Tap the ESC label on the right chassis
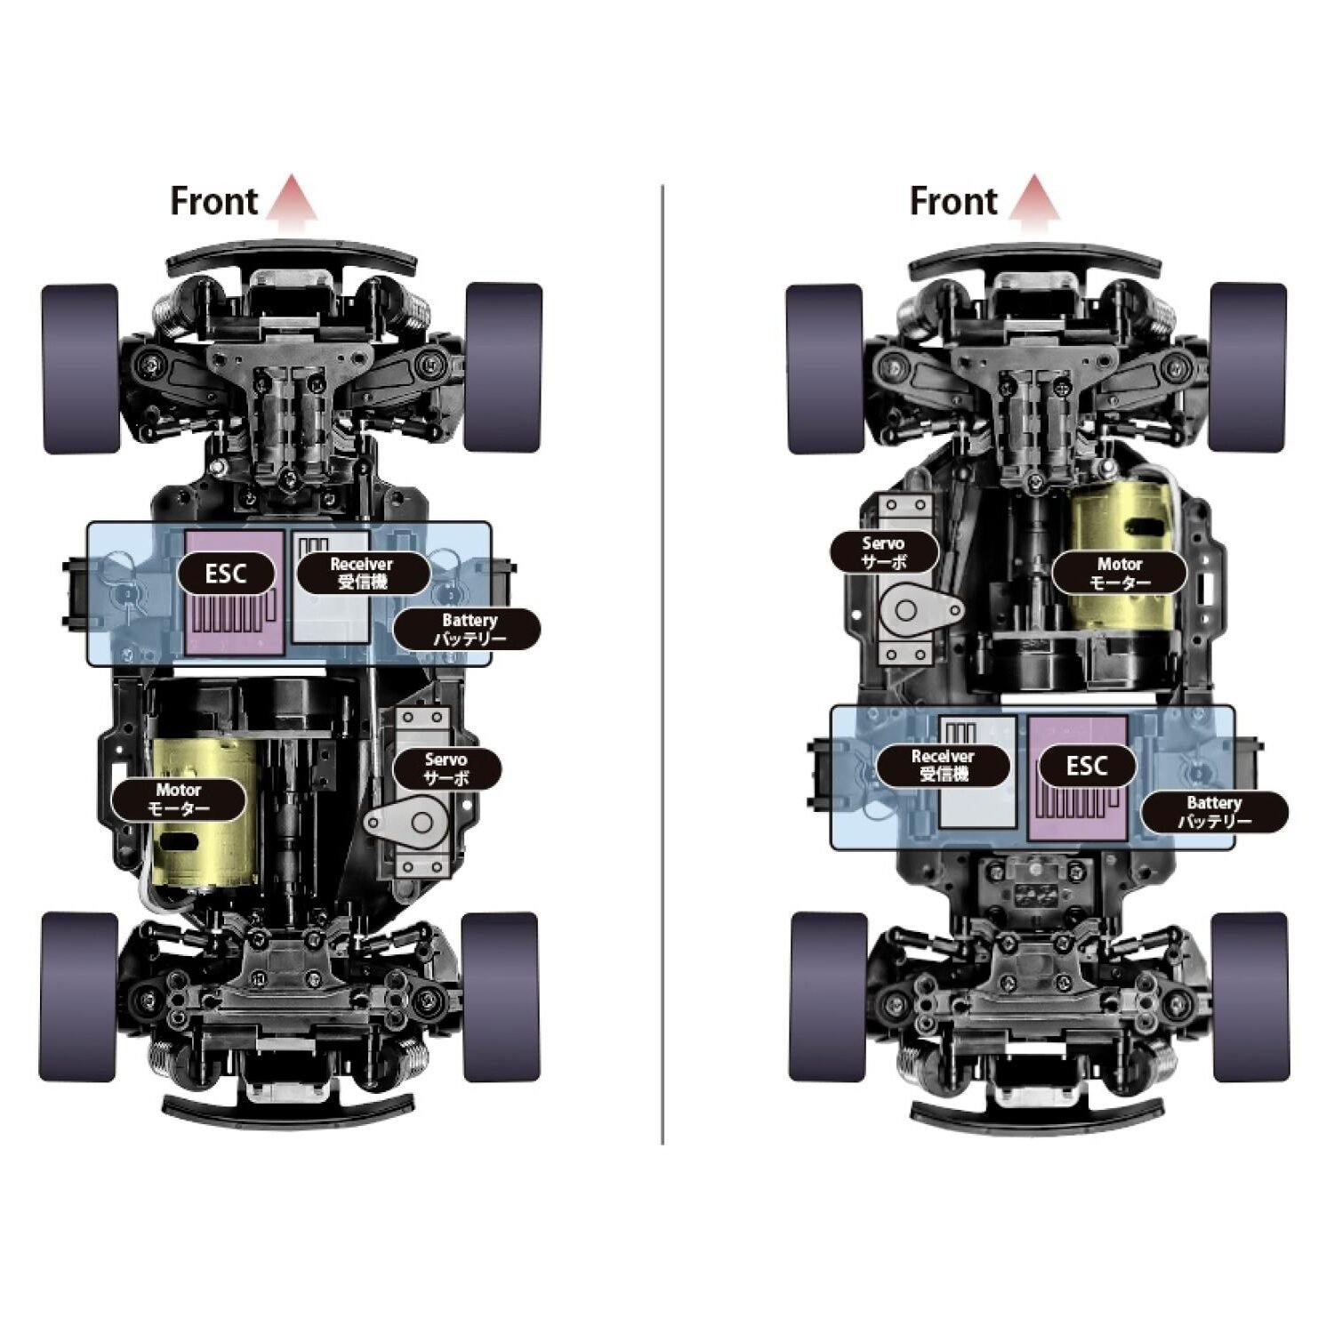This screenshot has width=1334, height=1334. coord(1086,766)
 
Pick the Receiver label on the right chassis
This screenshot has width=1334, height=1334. coord(943,766)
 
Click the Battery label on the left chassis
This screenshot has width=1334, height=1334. coord(468,630)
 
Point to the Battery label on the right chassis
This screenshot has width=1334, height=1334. coord(1214,812)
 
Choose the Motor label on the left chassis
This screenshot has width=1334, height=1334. coord(178,800)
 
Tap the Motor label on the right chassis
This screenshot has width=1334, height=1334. coord(1120,574)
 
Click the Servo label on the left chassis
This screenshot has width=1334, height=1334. coord(446,768)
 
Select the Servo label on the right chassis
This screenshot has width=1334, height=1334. coord(884,552)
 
